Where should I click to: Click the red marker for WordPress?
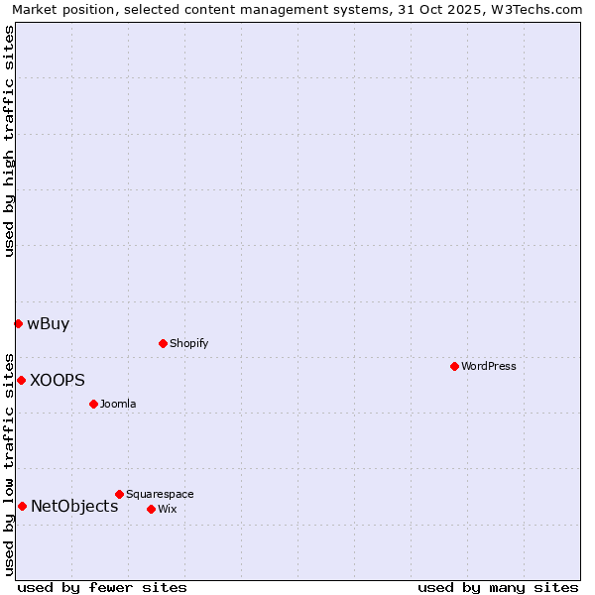(454, 366)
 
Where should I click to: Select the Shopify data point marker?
(163, 343)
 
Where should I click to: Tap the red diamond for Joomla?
(93, 404)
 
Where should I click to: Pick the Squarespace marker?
(119, 494)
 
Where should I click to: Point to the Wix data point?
(151, 509)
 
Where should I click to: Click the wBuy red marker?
(18, 323)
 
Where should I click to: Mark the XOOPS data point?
(21, 380)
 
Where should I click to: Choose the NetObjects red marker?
(22, 506)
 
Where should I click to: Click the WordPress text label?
(489, 366)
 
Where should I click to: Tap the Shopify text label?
(188, 343)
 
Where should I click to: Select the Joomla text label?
(118, 404)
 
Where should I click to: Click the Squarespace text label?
(160, 494)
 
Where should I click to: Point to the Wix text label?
(168, 509)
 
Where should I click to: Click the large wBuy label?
(49, 323)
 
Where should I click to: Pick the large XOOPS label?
(58, 380)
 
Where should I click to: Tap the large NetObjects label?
(74, 506)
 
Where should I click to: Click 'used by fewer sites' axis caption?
(102, 587)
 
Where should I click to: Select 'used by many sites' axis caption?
(498, 587)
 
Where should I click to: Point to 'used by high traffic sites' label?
(9, 140)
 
